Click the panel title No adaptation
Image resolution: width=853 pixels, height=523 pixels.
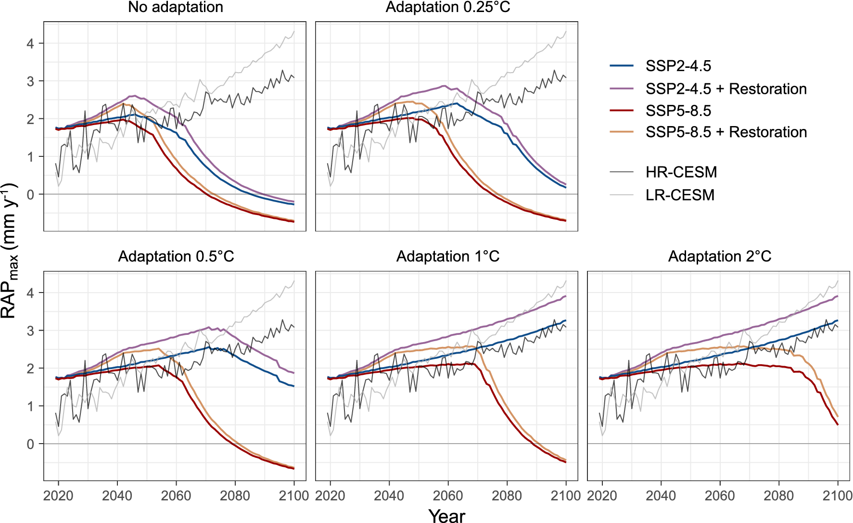pyautogui.click(x=175, y=7)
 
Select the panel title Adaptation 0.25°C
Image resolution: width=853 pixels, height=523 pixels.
pyautogui.click(x=447, y=7)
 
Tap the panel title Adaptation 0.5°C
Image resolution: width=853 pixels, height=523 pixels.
pyautogui.click(x=176, y=256)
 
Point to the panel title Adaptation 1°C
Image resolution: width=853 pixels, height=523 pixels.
pyautogui.click(x=447, y=256)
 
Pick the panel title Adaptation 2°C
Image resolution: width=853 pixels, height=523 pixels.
pyautogui.click(x=719, y=256)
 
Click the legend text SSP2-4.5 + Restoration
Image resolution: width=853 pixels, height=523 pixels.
pyautogui.click(x=726, y=89)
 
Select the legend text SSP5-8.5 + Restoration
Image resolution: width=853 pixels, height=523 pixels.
pyautogui.click(x=726, y=132)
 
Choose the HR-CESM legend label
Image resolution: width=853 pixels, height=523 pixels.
pyautogui.click(x=681, y=172)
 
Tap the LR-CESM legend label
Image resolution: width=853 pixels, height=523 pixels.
pyautogui.click(x=680, y=195)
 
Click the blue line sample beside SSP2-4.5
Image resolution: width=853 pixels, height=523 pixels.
pyautogui.click(x=622, y=65)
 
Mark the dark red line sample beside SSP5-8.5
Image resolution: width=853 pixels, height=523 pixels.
pyautogui.click(x=622, y=110)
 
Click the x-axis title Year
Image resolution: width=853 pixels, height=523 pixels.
pyautogui.click(x=447, y=515)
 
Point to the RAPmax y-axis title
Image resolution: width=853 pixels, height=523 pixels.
pyautogui.click(x=10, y=250)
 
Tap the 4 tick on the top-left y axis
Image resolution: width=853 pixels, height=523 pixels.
pyautogui.click(x=30, y=44)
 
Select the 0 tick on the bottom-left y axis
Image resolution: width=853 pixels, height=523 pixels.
pyautogui.click(x=30, y=444)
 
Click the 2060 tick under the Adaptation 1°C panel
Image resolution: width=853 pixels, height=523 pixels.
pyautogui.click(x=448, y=496)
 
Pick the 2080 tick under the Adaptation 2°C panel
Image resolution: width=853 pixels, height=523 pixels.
pyautogui.click(x=779, y=496)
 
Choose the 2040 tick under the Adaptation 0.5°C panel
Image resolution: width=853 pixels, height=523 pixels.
pyautogui.click(x=117, y=496)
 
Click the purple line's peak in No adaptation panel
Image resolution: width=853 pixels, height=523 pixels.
pyautogui.click(x=133, y=96)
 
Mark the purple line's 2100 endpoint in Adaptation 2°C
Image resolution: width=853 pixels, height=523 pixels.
pyautogui.click(x=838, y=296)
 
